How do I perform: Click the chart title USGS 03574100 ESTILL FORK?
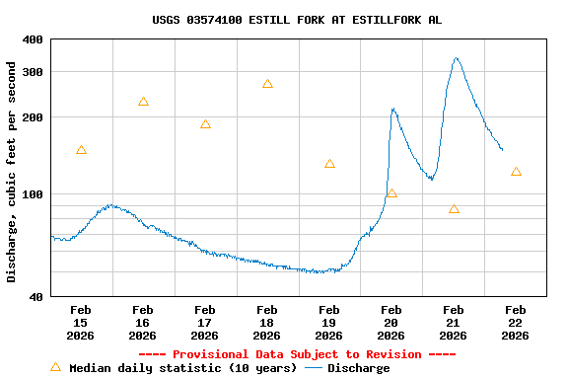[297, 20]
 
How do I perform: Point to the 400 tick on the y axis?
[33, 39]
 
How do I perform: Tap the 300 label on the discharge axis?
[33, 72]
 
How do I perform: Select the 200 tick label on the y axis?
[33, 117]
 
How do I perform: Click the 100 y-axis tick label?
[33, 194]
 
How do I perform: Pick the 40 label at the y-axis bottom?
[35, 296]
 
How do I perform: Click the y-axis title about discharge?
[12, 172]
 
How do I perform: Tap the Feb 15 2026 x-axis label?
[81, 322]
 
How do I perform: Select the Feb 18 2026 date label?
[267, 322]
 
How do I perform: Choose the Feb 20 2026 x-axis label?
[391, 322]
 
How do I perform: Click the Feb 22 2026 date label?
[516, 322]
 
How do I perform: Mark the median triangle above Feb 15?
[81, 150]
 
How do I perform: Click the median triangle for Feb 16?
[143, 102]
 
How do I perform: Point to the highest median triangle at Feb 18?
[267, 84]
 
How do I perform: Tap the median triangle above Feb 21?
[454, 209]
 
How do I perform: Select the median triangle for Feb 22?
[516, 172]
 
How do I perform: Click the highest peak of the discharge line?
[456, 58]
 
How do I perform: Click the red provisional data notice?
[297, 354]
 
